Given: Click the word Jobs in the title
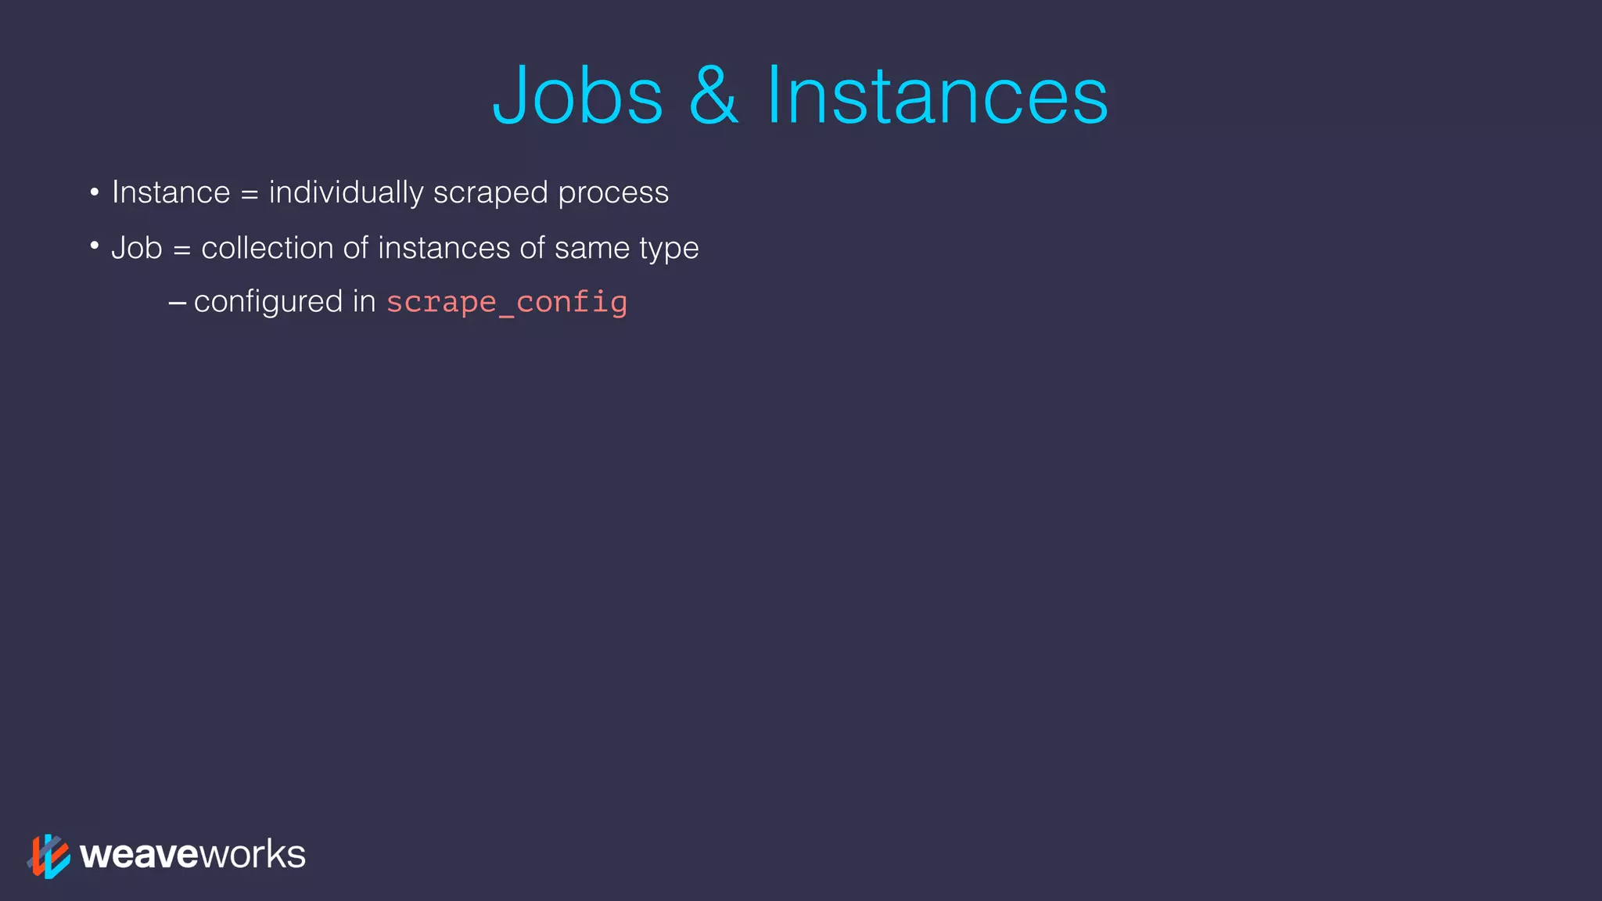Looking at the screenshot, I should [x=578, y=95].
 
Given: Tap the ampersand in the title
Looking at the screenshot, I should [x=713, y=95].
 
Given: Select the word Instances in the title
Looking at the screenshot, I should [x=936, y=95].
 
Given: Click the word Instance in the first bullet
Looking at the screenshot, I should [x=171, y=192].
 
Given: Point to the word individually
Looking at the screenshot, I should [x=346, y=192].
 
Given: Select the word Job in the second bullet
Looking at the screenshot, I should [x=136, y=248].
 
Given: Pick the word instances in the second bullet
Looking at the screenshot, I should [x=444, y=248].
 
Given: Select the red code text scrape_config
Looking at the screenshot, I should [x=507, y=303].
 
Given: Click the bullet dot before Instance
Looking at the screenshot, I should [x=94, y=192].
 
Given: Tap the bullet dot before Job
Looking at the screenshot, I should [x=94, y=247].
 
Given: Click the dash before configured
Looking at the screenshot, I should [x=178, y=303].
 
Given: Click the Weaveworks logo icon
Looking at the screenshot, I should [x=48, y=856].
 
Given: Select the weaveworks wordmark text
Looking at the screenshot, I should [x=192, y=854].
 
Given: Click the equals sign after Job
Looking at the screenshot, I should [x=181, y=249].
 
